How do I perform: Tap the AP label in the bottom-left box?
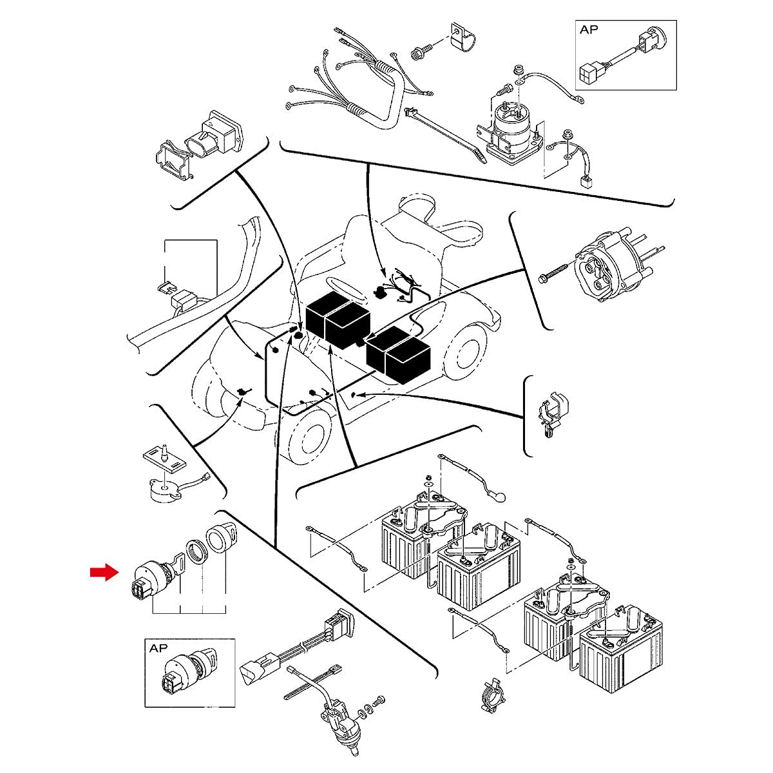158,649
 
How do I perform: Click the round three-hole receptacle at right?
602,264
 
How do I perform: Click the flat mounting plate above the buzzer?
162,459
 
